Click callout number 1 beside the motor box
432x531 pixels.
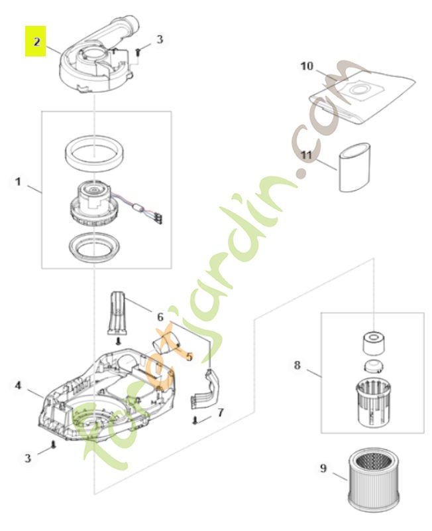coord(19,181)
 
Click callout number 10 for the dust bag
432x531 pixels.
coord(307,66)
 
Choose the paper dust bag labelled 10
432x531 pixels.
coord(361,96)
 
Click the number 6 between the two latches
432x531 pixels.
coord(160,317)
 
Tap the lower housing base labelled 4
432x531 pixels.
coord(99,398)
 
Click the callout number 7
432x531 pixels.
coord(220,412)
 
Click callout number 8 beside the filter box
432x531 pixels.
coord(297,365)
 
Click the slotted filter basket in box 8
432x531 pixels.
coord(374,399)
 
